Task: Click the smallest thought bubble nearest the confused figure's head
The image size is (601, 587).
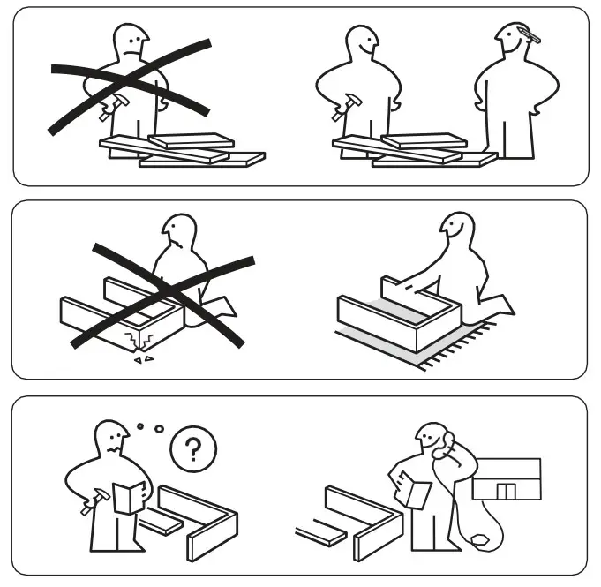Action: tap(139, 425)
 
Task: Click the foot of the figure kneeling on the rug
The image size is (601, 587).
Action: tap(503, 305)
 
